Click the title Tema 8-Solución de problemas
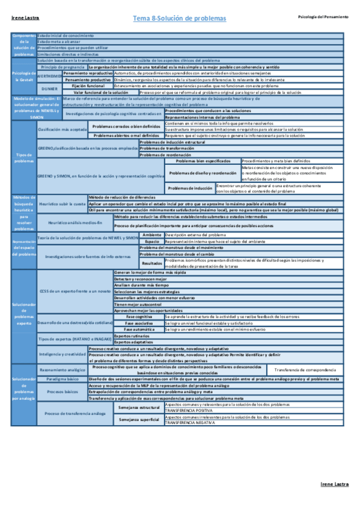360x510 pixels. click(x=180, y=19)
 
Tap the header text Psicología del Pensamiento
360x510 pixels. click(x=323, y=17)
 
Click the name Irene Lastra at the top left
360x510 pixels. click(x=25, y=18)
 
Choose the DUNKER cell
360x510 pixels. click(x=50, y=89)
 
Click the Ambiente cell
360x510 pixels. click(x=152, y=234)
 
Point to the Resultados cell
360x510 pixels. click(x=151, y=263)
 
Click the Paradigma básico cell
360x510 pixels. click(x=62, y=379)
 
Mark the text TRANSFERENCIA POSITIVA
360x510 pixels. click(x=188, y=411)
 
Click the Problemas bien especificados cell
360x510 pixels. click(x=203, y=161)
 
